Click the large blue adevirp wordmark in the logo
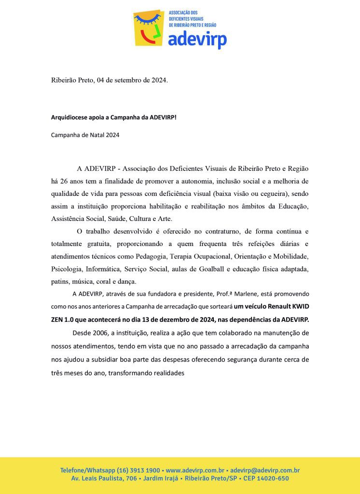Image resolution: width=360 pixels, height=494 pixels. [197, 39]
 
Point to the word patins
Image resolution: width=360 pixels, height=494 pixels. [60, 281]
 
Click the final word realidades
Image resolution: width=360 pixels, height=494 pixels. [168, 373]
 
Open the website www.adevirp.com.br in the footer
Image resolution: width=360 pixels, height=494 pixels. [195, 470]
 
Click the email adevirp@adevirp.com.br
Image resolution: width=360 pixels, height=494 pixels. [265, 470]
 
